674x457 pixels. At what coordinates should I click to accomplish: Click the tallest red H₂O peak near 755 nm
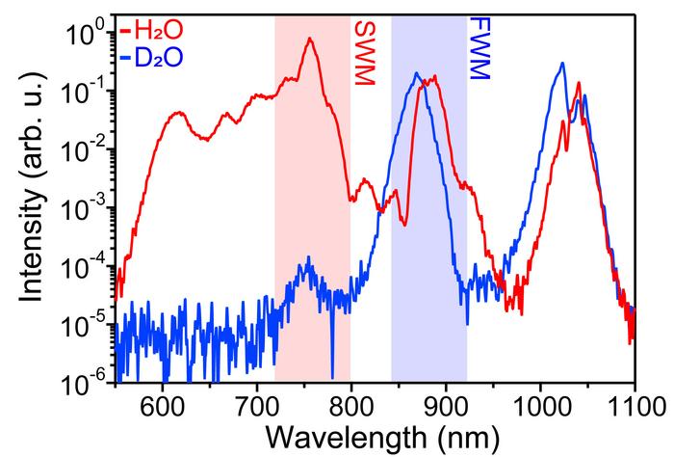click(x=309, y=40)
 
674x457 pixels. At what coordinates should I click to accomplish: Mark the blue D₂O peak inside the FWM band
click(x=416, y=73)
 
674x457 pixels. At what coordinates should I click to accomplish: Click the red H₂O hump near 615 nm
click(x=177, y=113)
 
